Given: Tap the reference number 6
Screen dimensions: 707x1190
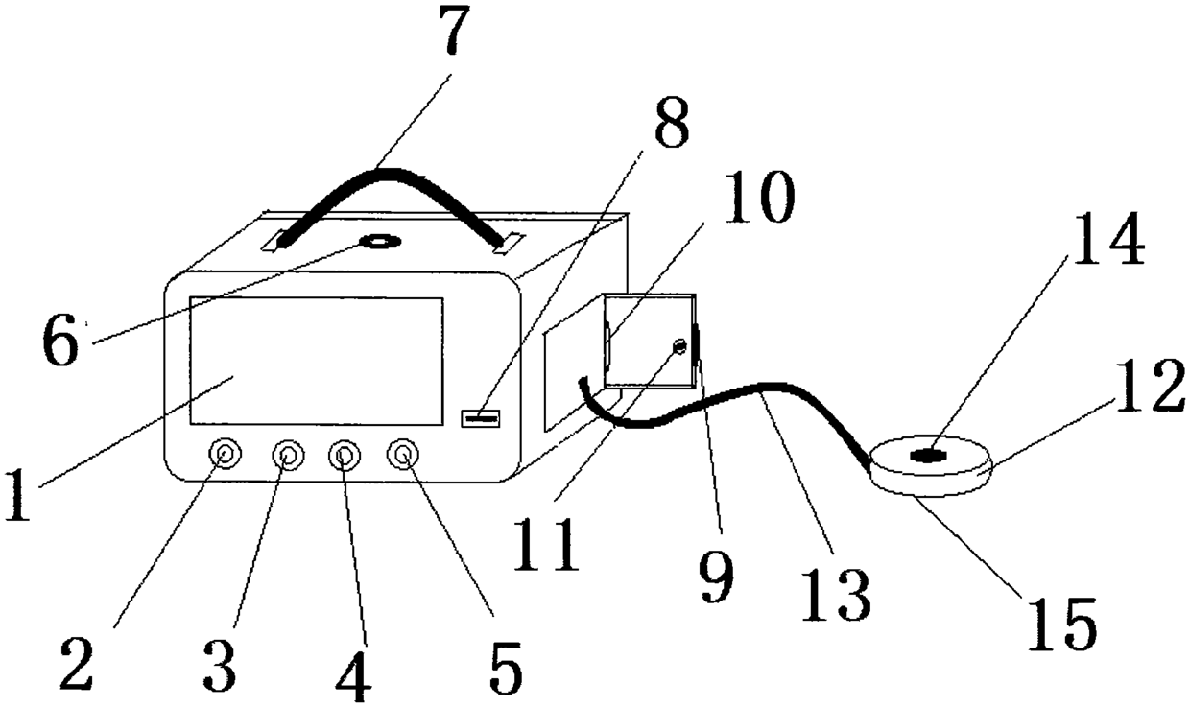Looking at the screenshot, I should (x=59, y=342).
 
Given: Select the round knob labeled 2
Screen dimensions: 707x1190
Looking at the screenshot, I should (x=225, y=453).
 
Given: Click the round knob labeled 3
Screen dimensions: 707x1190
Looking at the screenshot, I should (x=286, y=454).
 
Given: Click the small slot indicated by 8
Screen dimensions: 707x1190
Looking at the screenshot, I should (x=481, y=417).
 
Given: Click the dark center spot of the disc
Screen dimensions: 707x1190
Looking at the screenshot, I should (x=925, y=456).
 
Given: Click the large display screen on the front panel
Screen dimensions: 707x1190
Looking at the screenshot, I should (x=317, y=360).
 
